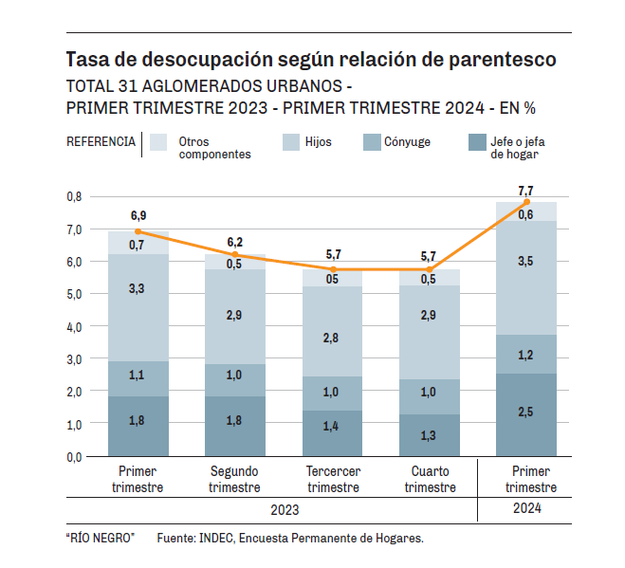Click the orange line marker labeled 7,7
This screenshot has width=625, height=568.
(525, 202)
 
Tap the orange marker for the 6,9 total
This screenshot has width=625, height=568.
(138, 231)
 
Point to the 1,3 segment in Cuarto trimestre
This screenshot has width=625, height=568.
(429, 435)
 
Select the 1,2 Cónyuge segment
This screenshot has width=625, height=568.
(525, 354)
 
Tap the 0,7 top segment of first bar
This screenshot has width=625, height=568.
(138, 243)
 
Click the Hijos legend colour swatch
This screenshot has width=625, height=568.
(291, 142)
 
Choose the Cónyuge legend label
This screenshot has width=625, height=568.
(407, 142)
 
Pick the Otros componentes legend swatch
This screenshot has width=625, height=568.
(158, 142)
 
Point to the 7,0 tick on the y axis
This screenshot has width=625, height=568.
(74, 229)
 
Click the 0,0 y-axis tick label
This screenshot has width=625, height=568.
(74, 456)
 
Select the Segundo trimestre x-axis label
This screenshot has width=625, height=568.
(234, 479)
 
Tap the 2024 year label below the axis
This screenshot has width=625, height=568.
(524, 509)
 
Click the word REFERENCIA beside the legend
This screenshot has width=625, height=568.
(101, 142)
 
